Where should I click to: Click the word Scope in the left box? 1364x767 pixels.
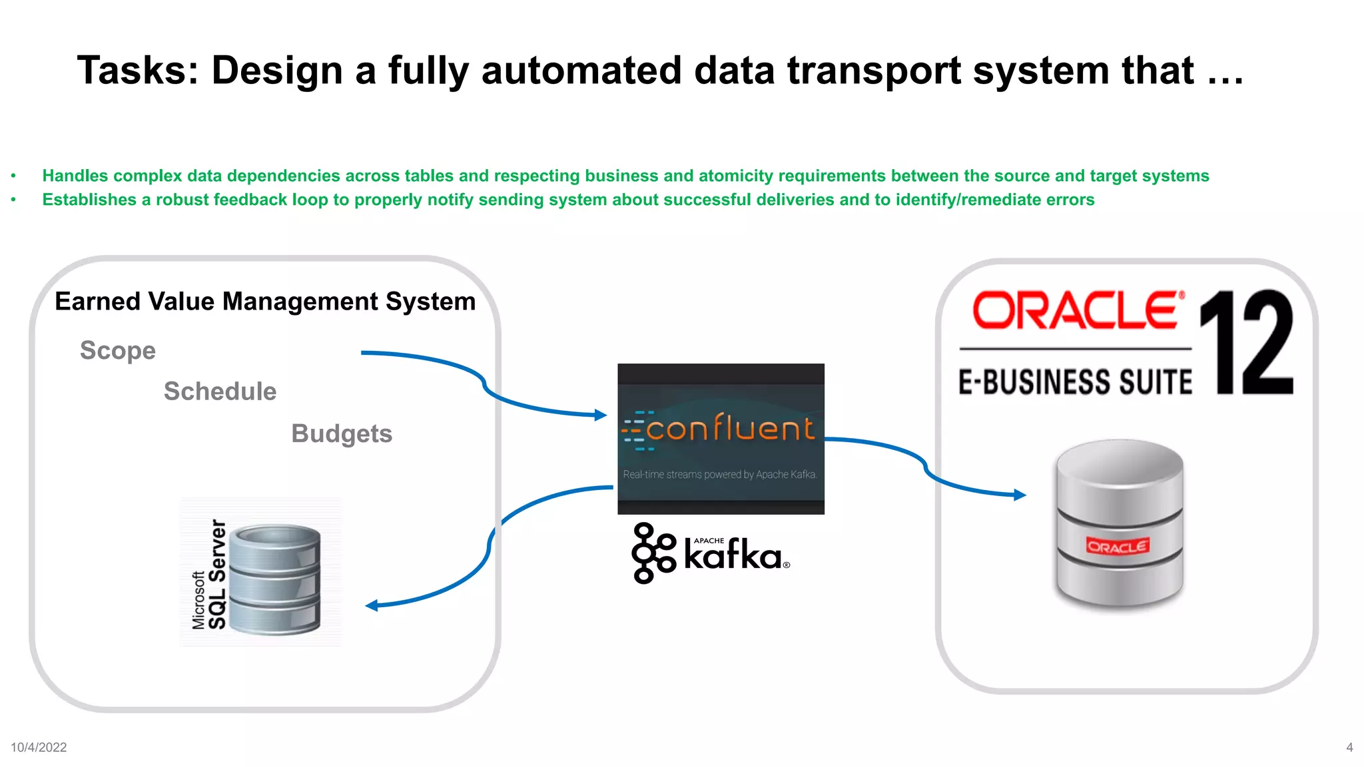(x=118, y=350)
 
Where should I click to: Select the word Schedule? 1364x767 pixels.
(x=220, y=391)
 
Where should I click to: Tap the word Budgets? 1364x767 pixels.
(x=342, y=433)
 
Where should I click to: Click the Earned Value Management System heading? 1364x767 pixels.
(x=265, y=302)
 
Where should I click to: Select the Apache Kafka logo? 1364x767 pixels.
(x=711, y=553)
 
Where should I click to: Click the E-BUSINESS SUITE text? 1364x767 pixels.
(x=1075, y=382)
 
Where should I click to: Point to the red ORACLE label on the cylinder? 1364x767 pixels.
(x=1117, y=547)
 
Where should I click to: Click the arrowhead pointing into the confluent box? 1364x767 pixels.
(x=601, y=415)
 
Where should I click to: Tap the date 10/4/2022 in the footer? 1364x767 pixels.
(x=39, y=747)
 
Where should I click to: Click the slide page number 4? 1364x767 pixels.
(x=1349, y=747)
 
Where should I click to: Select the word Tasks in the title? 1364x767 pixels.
(x=137, y=71)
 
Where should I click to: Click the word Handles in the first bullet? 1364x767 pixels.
(x=75, y=176)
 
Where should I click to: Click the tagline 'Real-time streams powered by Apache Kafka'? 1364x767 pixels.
(x=720, y=475)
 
